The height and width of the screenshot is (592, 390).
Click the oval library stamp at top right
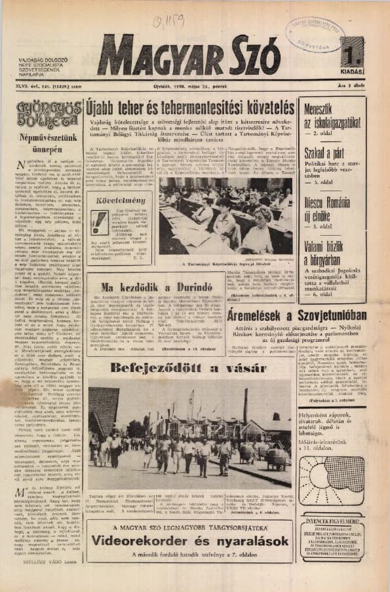tap(315, 33)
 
